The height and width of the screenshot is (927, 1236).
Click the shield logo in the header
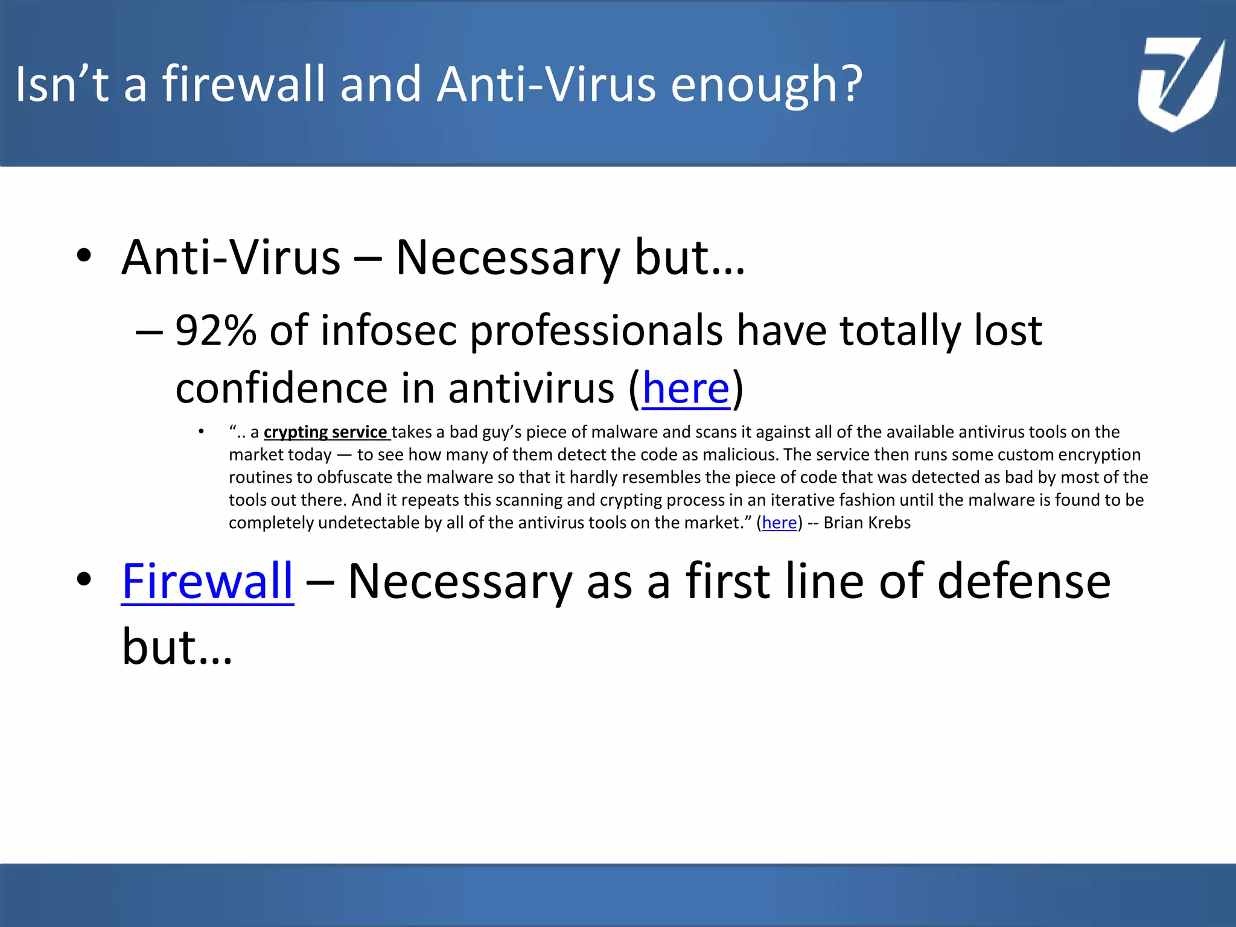(x=1179, y=84)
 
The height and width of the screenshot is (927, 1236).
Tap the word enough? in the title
(x=766, y=84)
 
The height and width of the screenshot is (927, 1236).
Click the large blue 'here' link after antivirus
(x=686, y=388)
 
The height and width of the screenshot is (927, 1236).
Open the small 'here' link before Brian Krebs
(x=779, y=523)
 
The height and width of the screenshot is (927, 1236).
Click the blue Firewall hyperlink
(x=208, y=581)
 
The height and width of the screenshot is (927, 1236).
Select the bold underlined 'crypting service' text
(x=327, y=432)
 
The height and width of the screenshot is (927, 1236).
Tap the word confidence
(x=281, y=388)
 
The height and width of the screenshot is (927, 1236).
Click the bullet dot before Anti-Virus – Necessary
(x=84, y=256)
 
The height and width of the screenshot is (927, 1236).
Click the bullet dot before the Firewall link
(x=84, y=579)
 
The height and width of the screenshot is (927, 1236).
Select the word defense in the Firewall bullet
(x=1024, y=581)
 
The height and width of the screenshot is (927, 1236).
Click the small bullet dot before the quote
(x=201, y=432)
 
